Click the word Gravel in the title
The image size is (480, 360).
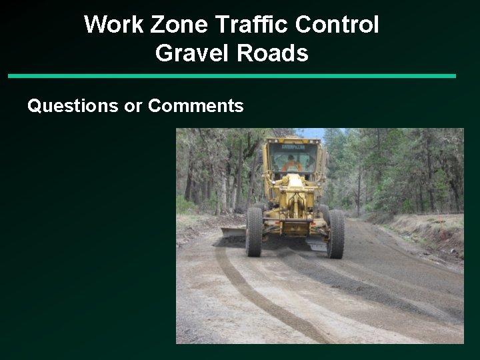190,53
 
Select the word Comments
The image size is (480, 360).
196,105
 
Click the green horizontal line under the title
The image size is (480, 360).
232,76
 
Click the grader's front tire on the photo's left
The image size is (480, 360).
254,231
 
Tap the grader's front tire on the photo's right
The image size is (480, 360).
335,233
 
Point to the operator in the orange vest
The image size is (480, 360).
291,163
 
